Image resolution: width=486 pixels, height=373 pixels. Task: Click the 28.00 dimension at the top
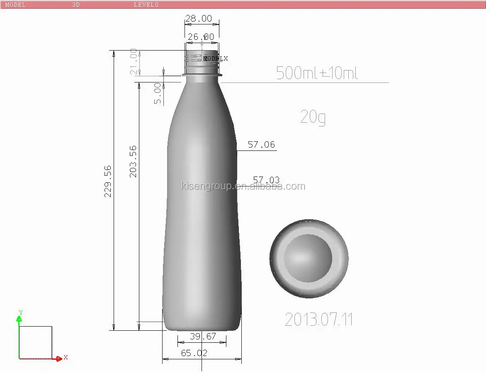[198, 19]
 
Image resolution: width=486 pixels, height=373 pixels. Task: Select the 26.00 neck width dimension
[201, 37]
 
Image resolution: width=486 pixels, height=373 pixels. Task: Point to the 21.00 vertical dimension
[134, 62]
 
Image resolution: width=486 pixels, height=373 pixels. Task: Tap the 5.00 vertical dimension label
[158, 93]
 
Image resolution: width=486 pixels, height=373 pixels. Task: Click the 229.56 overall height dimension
[108, 182]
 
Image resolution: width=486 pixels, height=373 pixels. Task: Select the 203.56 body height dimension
[133, 162]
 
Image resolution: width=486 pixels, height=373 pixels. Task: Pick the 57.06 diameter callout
[261, 145]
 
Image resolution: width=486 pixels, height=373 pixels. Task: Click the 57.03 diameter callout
[266, 180]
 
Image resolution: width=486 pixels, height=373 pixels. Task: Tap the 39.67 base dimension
[203, 336]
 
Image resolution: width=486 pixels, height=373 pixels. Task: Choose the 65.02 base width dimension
[194, 353]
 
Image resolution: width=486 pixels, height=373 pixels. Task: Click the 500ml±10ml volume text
[317, 73]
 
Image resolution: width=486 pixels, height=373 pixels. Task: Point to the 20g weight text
[313, 117]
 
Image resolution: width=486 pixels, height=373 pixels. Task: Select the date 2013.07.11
[318, 320]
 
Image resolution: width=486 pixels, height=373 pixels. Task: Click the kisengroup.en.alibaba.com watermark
[243, 186]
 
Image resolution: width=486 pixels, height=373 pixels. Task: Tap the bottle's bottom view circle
[309, 259]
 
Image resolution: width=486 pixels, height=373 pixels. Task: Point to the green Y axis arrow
[19, 318]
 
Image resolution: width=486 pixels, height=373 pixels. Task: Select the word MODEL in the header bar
[15, 5]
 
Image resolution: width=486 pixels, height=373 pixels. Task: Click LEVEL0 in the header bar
[146, 5]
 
